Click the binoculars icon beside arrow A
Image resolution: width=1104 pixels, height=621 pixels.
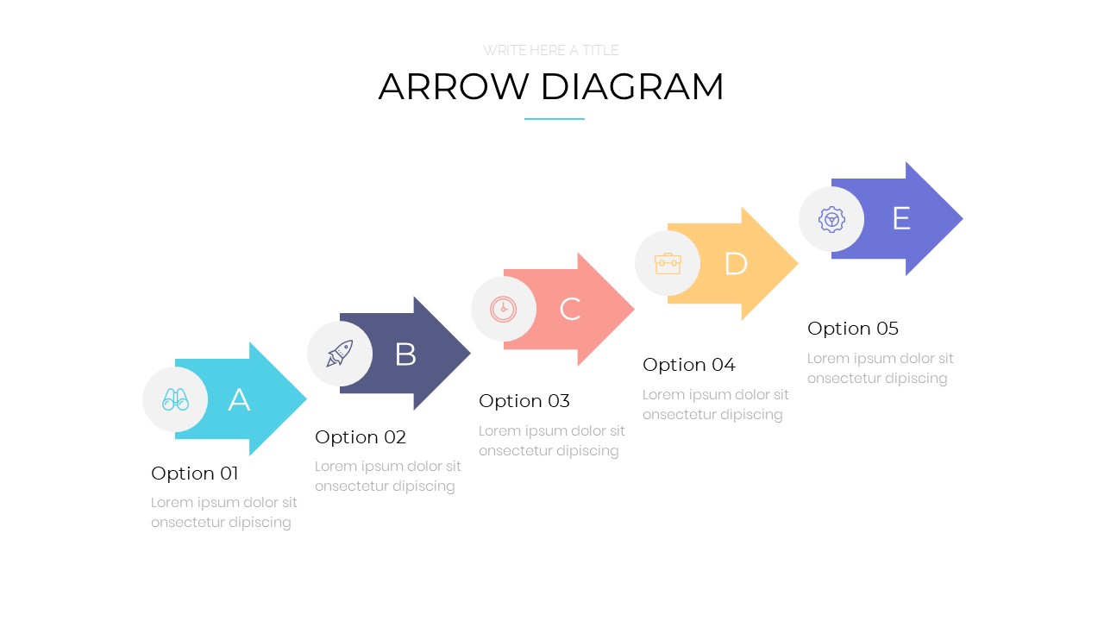coord(175,399)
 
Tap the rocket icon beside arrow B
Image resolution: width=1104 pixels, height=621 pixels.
coord(340,354)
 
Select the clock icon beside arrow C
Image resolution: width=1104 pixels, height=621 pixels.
coord(503,309)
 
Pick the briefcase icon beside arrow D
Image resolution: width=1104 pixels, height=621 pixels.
coord(668,264)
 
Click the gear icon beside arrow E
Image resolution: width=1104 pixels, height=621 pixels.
coord(832,219)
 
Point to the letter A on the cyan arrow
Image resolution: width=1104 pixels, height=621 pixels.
coord(239,399)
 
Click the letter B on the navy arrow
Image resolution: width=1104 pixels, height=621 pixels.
coord(405,354)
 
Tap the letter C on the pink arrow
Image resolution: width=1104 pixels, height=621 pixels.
coord(570,309)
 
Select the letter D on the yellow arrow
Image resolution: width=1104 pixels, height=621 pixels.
coord(736,264)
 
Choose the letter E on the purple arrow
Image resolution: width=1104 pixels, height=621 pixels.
coord(901,218)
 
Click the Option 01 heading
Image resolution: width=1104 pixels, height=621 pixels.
coord(195,474)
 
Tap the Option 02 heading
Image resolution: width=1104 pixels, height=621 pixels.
coord(361,437)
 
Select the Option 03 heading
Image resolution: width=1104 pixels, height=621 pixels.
coord(524,401)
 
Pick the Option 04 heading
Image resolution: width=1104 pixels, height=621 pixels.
coord(689,365)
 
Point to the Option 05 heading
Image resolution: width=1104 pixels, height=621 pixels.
coord(853,329)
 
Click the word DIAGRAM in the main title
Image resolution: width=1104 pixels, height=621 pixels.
coord(632,87)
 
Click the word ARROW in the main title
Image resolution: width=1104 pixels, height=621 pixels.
coord(454,87)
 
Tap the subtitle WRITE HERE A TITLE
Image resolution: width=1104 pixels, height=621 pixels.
coord(551,50)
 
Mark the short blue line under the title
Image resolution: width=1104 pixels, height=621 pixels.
coord(555,119)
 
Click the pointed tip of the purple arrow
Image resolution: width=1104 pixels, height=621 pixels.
coord(963,219)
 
